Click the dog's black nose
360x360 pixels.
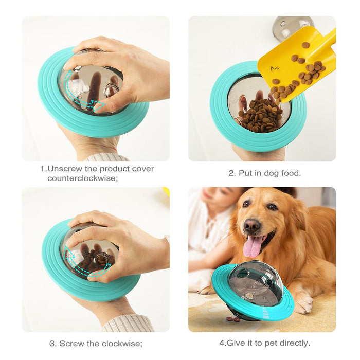tap(251, 225)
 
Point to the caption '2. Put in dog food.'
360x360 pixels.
tap(264, 173)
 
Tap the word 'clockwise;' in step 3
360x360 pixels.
tap(123, 344)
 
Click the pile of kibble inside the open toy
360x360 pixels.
tap(260, 116)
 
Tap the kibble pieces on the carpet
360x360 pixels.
tap(233, 319)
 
